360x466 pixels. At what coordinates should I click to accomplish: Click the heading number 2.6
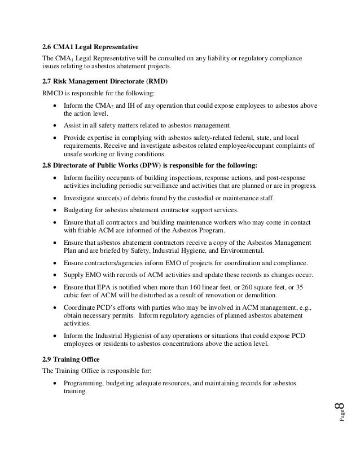pos(48,46)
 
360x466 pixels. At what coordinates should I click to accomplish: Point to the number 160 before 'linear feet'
pos(226,287)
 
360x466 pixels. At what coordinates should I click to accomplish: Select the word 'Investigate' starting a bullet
pos(81,197)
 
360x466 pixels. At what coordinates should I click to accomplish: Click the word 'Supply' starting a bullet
pos(74,275)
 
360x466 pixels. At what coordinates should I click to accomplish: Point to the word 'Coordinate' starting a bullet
pos(81,308)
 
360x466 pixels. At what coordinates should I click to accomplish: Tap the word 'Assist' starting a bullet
pos(73,125)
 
